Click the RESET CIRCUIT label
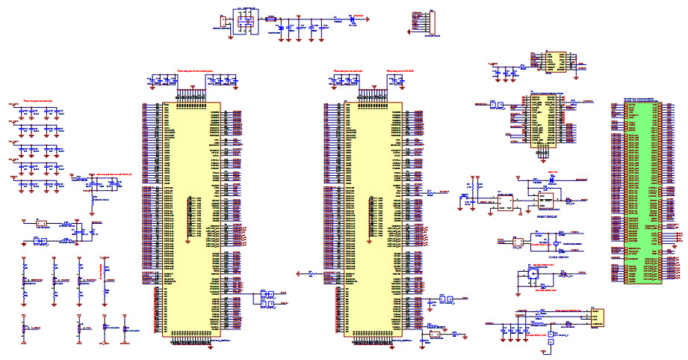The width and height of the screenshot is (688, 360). pos(548,214)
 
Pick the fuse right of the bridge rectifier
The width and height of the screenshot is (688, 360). pos(270,16)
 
